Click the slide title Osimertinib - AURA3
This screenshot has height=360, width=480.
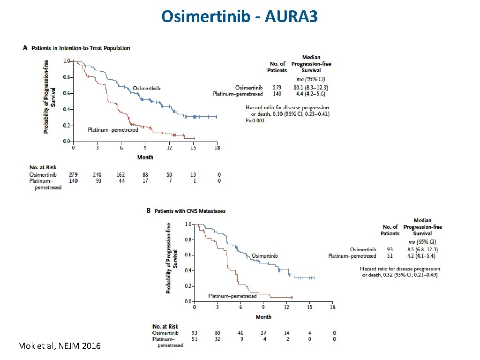coord(240,16)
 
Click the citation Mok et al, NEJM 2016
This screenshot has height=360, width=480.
coord(59,346)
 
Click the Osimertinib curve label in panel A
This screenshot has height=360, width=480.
coord(146,88)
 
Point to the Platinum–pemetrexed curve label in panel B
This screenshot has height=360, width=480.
coord(232,296)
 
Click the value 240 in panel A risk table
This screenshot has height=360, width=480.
coord(97,174)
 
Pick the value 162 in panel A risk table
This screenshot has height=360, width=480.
coord(120,174)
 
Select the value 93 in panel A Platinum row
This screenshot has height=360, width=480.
coord(97,180)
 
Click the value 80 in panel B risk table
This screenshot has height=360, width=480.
coord(217,332)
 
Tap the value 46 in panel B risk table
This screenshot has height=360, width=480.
coord(240,332)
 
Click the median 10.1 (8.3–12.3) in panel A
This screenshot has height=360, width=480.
coord(311,87)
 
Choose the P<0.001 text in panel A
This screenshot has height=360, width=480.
coord(255,120)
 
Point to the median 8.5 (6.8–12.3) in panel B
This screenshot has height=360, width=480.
coord(419,249)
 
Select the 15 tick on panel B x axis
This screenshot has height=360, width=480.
coord(309,307)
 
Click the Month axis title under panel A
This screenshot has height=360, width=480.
coord(145,157)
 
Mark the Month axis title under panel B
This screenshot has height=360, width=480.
coord(263,317)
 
